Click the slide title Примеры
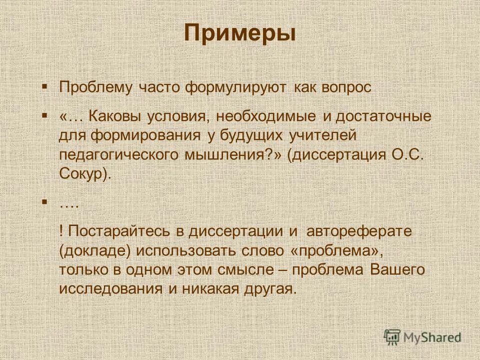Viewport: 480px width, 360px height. [x=239, y=33]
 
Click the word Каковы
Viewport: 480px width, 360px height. [x=115, y=116]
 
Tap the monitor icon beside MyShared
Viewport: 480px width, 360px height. [x=392, y=337]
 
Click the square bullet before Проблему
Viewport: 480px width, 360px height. [x=44, y=86]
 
